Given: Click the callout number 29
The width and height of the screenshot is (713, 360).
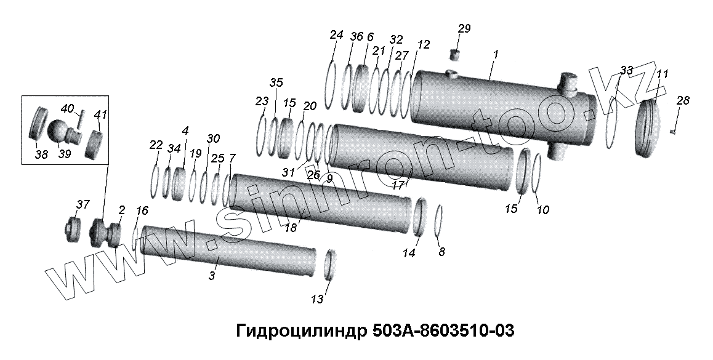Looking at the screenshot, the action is pos(464,28).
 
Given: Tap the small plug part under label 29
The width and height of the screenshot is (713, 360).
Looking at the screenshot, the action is pos(456,55).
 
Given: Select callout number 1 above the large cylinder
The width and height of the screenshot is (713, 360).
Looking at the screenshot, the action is pos(496,54).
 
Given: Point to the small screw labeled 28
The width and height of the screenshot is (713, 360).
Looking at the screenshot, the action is pos(674,131).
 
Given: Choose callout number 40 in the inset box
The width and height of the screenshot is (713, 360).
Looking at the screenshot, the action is pos(67,109).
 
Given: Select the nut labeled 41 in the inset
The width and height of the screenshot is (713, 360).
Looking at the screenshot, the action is pos(95,143).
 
